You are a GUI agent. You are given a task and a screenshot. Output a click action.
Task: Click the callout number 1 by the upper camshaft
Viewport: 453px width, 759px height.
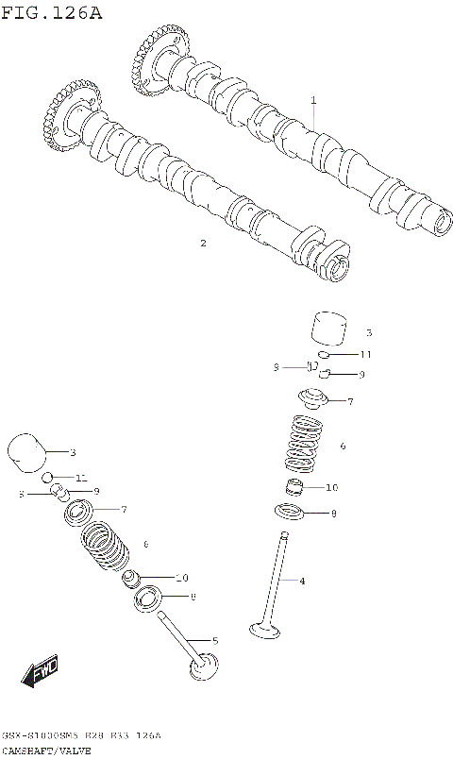313,99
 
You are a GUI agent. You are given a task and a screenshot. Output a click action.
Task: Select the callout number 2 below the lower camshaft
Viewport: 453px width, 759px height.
202,243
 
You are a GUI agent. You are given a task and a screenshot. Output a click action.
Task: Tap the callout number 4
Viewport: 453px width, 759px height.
301,581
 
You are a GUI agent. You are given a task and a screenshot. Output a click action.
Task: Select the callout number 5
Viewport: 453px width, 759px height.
215,641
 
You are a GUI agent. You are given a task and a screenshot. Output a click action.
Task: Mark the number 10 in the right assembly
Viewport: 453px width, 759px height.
331,488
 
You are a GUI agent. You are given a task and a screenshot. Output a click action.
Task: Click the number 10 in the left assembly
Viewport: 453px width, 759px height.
181,578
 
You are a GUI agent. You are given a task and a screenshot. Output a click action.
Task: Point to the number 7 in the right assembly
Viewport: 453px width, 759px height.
349,402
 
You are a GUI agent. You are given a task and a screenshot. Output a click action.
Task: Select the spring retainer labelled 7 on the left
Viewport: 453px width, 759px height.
80,514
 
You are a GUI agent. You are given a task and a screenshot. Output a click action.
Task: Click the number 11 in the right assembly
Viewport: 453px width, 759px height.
366,355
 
